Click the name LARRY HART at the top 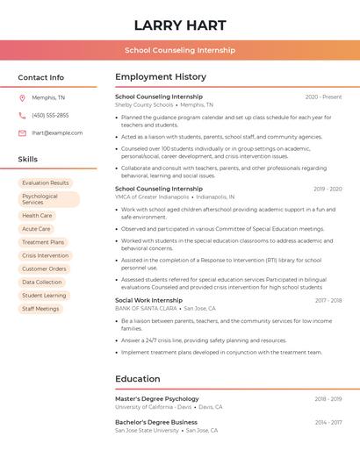coord(180,25)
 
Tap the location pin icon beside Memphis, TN coord(23,97)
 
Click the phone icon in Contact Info coord(23,115)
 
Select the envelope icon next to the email coord(23,133)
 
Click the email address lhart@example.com coord(57,133)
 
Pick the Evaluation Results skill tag coord(46,182)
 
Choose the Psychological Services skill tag coord(48,199)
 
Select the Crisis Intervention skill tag coord(46,255)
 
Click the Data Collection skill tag coord(42,282)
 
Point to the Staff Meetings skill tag coord(41,309)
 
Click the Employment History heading coord(161,77)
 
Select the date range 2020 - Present coord(323,97)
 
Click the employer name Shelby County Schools coord(144,104)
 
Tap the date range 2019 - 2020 coord(328,189)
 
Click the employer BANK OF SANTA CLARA coord(146,308)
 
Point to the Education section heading coord(137,379)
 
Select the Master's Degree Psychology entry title coord(157,398)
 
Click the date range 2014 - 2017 coord(328,422)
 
